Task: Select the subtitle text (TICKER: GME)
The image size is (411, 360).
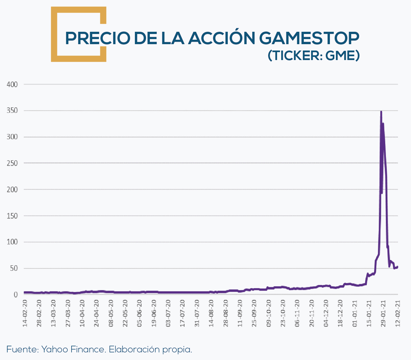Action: click(313, 56)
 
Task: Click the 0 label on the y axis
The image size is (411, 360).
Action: click(16, 295)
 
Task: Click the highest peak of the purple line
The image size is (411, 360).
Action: click(381, 112)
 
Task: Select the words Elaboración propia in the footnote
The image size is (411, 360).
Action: click(150, 350)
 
